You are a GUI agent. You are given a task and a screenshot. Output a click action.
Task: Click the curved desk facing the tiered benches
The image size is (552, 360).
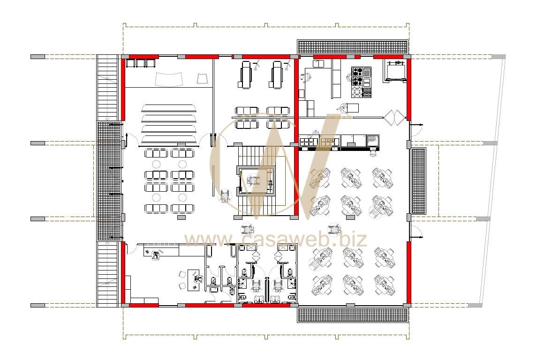pos(169,79)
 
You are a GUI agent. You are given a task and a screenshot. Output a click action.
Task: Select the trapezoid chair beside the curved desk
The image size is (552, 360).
pos(203,78)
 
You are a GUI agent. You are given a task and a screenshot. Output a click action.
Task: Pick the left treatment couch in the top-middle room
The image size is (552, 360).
pos(246,74)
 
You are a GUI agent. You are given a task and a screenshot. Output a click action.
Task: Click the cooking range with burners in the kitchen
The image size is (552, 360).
pos(357,82)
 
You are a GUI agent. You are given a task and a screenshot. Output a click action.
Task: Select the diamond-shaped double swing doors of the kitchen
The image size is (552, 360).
pos(395,117)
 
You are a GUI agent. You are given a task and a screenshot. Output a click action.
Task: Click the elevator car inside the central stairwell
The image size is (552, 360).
pos(256,181)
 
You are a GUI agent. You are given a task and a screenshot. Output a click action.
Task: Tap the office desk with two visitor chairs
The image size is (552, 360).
pos(193,280)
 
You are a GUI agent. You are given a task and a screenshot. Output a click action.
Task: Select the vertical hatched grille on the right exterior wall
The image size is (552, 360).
pos(419,181)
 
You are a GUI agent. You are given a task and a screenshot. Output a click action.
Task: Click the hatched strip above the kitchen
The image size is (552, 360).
pos(353,47)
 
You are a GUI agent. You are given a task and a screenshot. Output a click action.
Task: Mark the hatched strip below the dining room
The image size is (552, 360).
pos(353,315)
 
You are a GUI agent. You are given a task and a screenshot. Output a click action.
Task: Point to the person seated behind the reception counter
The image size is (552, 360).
pos(155,255)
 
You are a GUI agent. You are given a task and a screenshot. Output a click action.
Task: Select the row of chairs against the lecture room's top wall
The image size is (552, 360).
pos(141,63)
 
